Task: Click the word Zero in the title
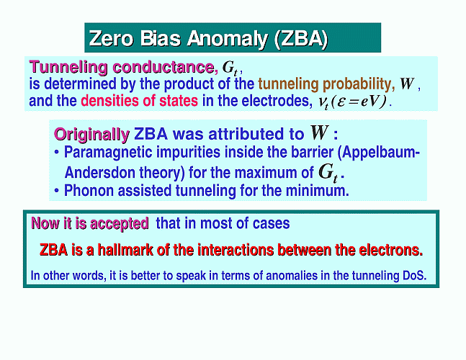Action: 111,38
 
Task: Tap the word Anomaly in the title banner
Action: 228,39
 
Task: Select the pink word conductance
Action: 165,67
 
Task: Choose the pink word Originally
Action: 91,135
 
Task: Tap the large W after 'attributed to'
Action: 320,132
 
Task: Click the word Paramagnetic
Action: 108,153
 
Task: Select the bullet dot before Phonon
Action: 57,190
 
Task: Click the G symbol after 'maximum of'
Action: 328,173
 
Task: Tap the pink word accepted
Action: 119,224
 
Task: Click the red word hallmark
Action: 125,250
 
